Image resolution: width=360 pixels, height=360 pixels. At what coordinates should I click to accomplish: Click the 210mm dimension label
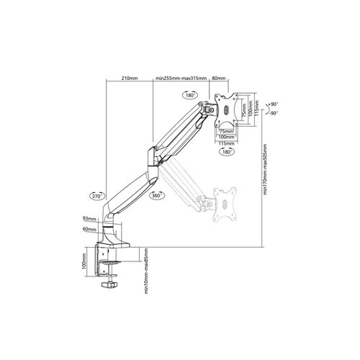[130, 79]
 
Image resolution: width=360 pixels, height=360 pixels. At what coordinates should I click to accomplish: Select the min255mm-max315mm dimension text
[181, 79]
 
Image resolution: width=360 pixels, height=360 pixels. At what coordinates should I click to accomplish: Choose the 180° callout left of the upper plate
[191, 94]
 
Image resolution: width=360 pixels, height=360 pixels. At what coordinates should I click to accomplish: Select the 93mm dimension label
[89, 219]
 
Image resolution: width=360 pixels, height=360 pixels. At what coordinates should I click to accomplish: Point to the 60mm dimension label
[89, 229]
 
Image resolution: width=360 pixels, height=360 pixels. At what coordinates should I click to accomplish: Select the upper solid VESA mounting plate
[227, 110]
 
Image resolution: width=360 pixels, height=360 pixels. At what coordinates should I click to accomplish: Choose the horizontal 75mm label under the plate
[225, 131]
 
